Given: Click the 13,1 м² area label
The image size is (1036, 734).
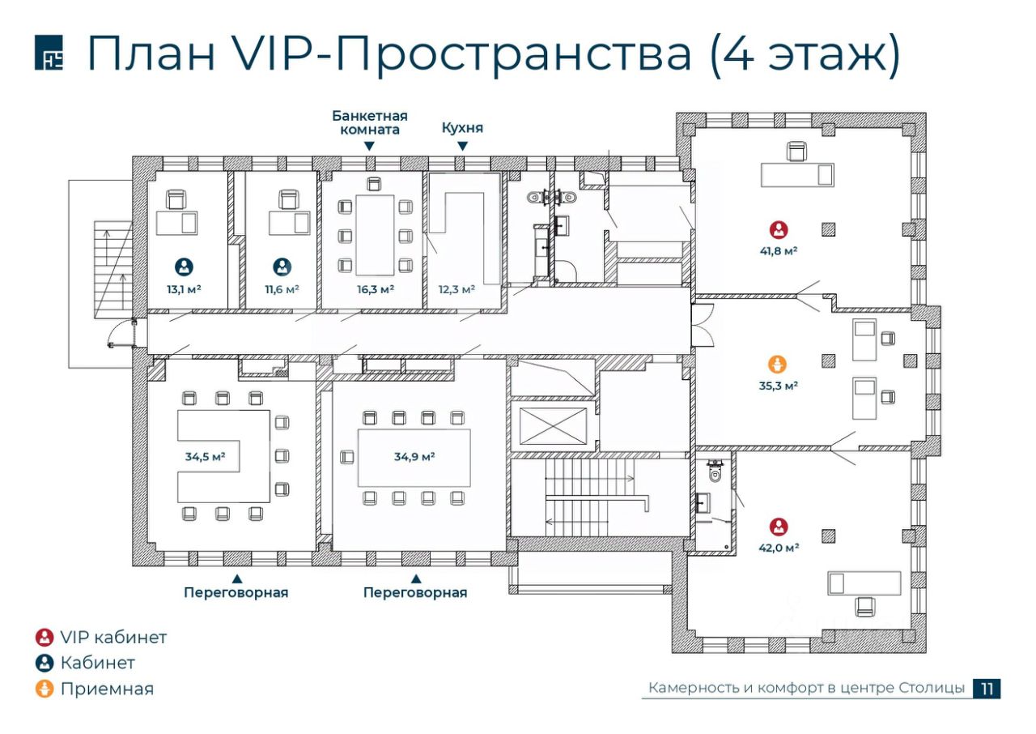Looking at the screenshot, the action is click(x=184, y=289).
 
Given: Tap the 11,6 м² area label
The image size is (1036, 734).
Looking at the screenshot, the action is click(x=282, y=289).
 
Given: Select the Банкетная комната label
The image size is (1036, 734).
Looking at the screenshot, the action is click(x=369, y=122).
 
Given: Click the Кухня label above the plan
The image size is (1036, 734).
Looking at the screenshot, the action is click(x=462, y=128).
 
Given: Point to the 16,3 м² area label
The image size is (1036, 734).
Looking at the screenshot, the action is click(x=376, y=289).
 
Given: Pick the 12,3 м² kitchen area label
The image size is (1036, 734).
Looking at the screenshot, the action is click(x=456, y=289).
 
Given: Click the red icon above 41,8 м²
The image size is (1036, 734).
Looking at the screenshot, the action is click(x=779, y=229).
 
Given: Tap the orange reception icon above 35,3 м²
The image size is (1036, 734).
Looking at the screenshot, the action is click(x=777, y=364).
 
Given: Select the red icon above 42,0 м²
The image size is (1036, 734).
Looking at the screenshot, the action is click(x=779, y=526).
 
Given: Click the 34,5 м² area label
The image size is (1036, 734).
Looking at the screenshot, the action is click(x=205, y=456).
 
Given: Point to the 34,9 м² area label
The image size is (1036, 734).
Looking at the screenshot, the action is click(x=414, y=456).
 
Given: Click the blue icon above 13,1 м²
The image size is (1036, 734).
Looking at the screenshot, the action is click(x=184, y=266).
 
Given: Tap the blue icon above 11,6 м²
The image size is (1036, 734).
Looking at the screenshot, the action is click(x=282, y=266).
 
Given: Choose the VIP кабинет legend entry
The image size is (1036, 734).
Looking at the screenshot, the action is click(x=101, y=638).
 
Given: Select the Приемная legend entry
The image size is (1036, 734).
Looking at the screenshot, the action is click(x=95, y=689).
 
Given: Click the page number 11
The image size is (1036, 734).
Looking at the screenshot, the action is click(x=987, y=689).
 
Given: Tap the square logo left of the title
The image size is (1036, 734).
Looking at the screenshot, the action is click(x=49, y=54).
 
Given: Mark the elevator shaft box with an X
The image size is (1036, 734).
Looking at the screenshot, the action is click(x=552, y=426).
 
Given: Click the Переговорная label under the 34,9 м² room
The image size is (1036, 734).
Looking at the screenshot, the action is click(x=415, y=592).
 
